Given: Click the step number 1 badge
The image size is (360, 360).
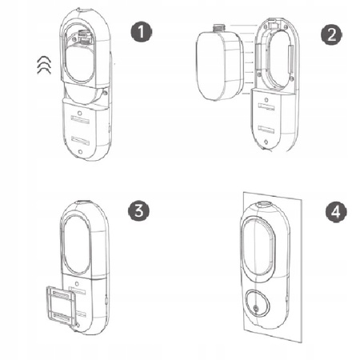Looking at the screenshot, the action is (141, 32).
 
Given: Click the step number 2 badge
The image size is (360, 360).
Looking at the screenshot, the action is (331, 34).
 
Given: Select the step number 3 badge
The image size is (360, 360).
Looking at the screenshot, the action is (139, 210).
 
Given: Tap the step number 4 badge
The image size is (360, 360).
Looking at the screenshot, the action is (336, 212).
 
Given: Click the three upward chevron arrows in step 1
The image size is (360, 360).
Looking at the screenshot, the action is (44, 65).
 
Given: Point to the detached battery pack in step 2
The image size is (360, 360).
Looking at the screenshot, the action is (220, 63).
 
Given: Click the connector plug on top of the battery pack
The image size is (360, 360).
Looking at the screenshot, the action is (220, 27).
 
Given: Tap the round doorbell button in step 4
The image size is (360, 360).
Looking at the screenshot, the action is (256, 303).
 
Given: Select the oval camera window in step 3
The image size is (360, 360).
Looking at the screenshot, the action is (76, 244).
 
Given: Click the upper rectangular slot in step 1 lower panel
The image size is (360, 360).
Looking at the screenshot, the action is (80, 120).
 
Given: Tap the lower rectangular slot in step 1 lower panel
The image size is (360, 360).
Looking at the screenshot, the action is (80, 140).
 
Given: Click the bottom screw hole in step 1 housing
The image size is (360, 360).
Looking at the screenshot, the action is (80, 152).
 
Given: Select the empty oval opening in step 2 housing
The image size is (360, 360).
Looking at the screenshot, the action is (278, 59).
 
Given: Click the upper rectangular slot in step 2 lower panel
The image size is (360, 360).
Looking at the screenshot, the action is (266, 107).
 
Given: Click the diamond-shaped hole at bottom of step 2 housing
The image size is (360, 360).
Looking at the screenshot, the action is (266, 142).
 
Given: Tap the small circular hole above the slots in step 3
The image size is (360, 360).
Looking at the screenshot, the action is (77, 284).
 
